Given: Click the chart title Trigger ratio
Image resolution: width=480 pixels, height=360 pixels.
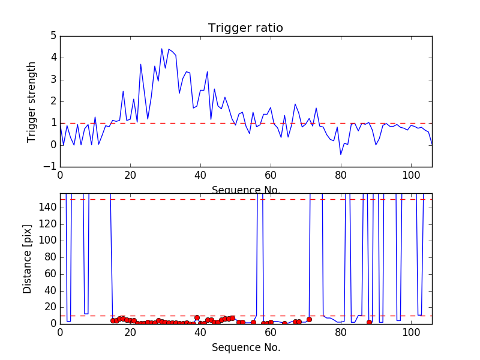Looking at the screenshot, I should click(245, 28).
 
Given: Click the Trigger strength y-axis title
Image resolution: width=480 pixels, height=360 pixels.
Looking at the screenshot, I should click(32, 102).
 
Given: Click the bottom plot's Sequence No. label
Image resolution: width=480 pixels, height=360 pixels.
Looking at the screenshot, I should click(246, 347).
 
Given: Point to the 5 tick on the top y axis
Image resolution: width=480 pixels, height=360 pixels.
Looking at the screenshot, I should click(53, 36).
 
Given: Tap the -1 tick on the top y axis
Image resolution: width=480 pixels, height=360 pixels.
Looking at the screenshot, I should click(51, 166).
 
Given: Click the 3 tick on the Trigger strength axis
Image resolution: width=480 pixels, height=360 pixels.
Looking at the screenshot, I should click(53, 80).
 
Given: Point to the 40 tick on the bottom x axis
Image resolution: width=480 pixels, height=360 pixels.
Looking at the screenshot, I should click(200, 331).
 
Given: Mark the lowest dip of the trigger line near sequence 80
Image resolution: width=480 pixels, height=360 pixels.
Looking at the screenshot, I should click(341, 155).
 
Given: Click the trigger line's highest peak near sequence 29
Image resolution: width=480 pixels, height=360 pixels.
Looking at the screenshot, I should click(162, 49).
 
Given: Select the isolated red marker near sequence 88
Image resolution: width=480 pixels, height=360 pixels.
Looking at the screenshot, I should click(369, 322).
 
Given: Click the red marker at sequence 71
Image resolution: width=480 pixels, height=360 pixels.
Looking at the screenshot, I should click(309, 319).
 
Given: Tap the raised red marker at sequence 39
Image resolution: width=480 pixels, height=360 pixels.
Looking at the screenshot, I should click(197, 317).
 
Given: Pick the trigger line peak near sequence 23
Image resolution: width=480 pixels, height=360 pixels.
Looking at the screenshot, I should click(141, 64).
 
